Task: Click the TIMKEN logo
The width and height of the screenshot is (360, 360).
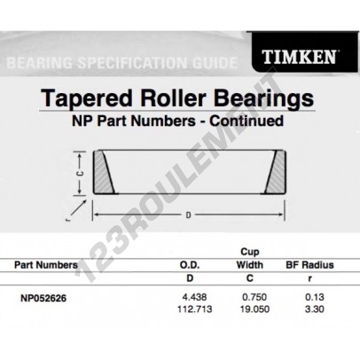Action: tap(299, 57)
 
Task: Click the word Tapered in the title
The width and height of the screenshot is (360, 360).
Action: tap(87, 98)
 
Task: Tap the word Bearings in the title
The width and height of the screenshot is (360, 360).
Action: tap(263, 98)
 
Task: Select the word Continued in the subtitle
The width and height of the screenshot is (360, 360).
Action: tap(247, 121)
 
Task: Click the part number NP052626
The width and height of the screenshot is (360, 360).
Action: tap(43, 298)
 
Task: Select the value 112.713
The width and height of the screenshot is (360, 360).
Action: tap(194, 309)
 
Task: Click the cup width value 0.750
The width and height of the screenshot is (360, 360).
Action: tap(254, 297)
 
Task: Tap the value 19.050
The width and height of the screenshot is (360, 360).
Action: tap(254, 309)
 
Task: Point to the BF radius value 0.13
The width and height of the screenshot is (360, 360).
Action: tap(315, 297)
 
